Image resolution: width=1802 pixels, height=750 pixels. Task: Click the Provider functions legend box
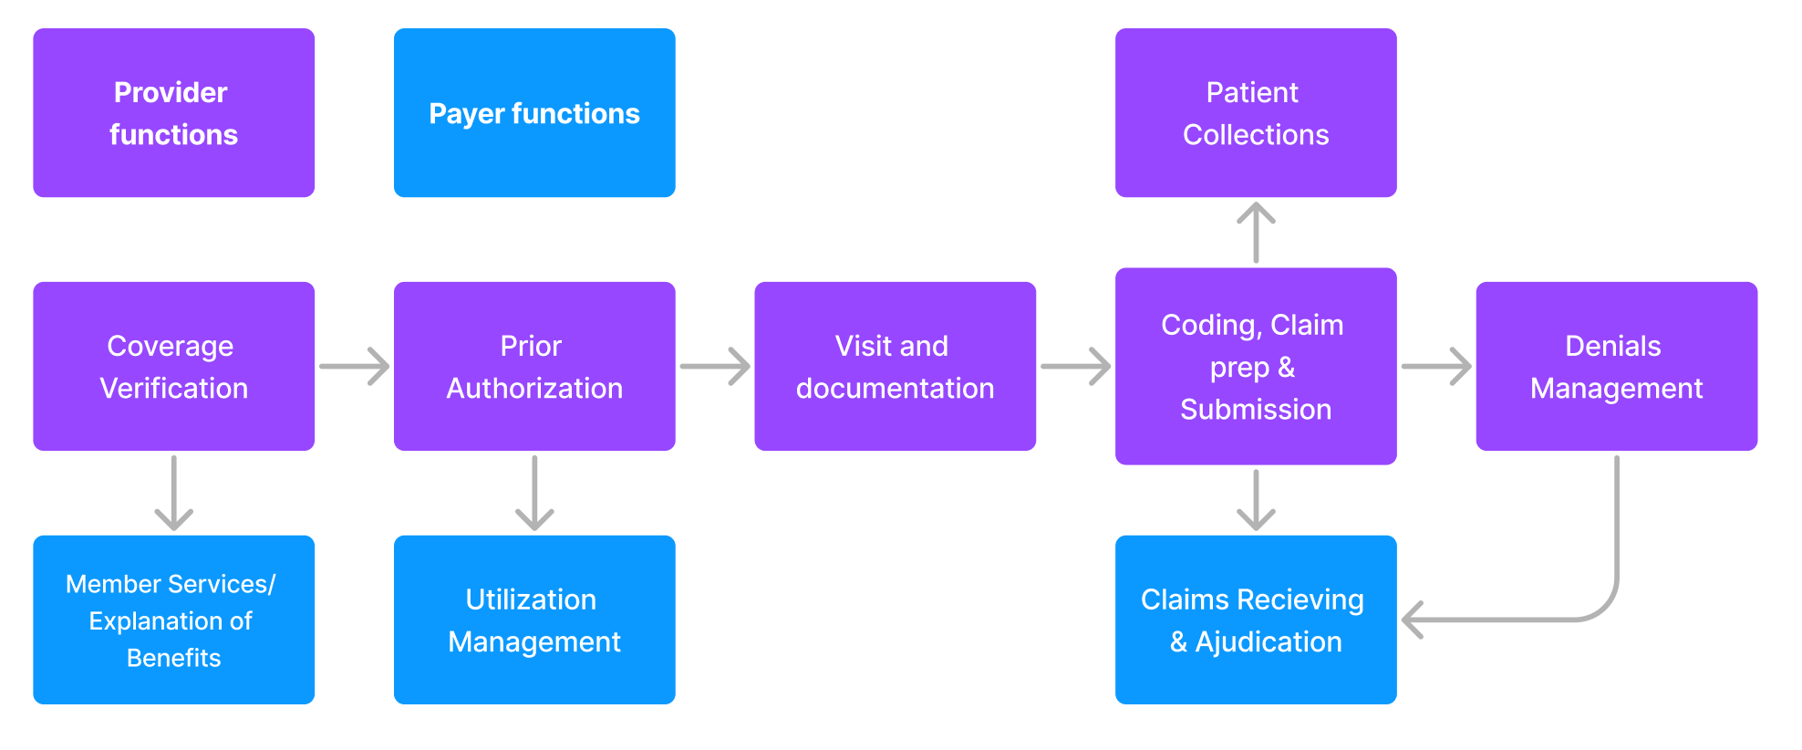[x=173, y=112]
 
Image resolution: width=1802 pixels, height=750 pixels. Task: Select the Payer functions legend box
[x=534, y=112]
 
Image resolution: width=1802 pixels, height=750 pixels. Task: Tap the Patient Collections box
[x=1256, y=112]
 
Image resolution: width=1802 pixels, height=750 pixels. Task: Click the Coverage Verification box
[x=173, y=366]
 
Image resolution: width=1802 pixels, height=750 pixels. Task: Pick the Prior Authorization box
[x=534, y=366]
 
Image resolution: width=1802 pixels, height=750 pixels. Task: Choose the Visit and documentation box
[x=895, y=366]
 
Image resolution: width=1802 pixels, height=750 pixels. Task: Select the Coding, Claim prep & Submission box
[x=1256, y=366]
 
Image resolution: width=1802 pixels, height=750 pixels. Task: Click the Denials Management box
[x=1617, y=366]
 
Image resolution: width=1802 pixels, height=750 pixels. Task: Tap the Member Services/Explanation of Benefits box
[x=173, y=620]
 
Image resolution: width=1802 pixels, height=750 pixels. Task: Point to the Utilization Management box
[x=534, y=620]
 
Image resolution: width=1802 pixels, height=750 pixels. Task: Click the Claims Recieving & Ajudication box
[x=1256, y=620]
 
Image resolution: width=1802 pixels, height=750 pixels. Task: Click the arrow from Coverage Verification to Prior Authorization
[x=355, y=366]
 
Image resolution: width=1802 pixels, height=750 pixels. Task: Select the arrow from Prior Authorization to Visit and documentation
[x=716, y=366]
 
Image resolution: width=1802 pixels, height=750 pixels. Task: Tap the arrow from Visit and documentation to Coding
[x=1076, y=366]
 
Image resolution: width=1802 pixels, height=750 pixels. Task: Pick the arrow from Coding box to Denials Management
[x=1437, y=366]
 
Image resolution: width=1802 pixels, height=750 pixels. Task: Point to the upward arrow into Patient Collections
[x=1256, y=233]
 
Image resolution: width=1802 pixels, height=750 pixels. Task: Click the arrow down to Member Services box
[x=173, y=494]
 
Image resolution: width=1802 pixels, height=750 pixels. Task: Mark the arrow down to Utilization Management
[x=534, y=494]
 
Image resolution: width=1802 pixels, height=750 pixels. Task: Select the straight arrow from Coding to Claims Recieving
[x=1256, y=500]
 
